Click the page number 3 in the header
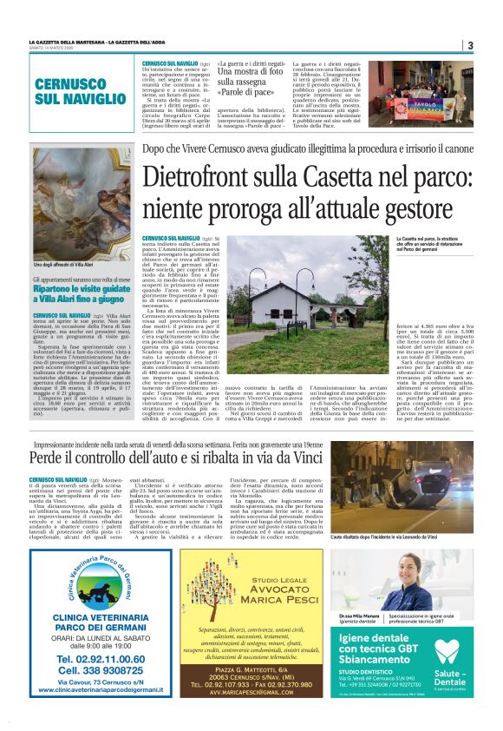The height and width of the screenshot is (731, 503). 469,45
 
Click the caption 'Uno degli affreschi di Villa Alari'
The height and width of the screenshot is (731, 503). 63,264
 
